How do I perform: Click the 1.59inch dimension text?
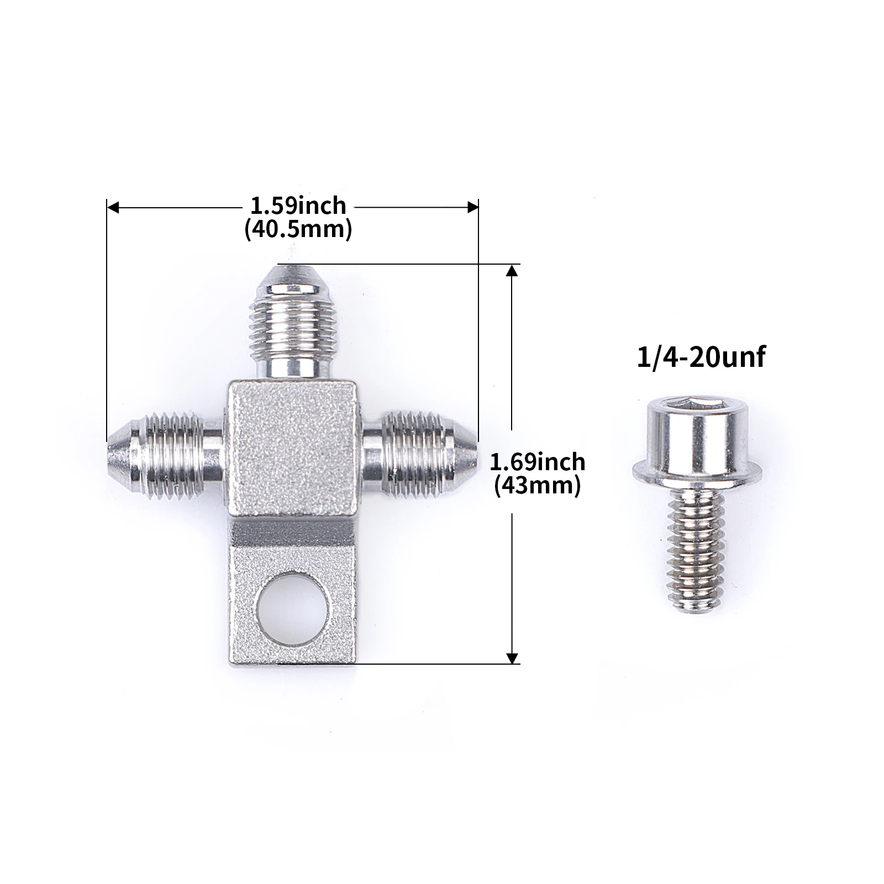tap(298, 206)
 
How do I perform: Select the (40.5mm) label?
tap(298, 229)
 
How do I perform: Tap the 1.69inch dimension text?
tap(538, 461)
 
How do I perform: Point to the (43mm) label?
tap(538, 486)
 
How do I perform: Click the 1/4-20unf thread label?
tap(701, 357)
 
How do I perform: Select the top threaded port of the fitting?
tap(291, 323)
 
